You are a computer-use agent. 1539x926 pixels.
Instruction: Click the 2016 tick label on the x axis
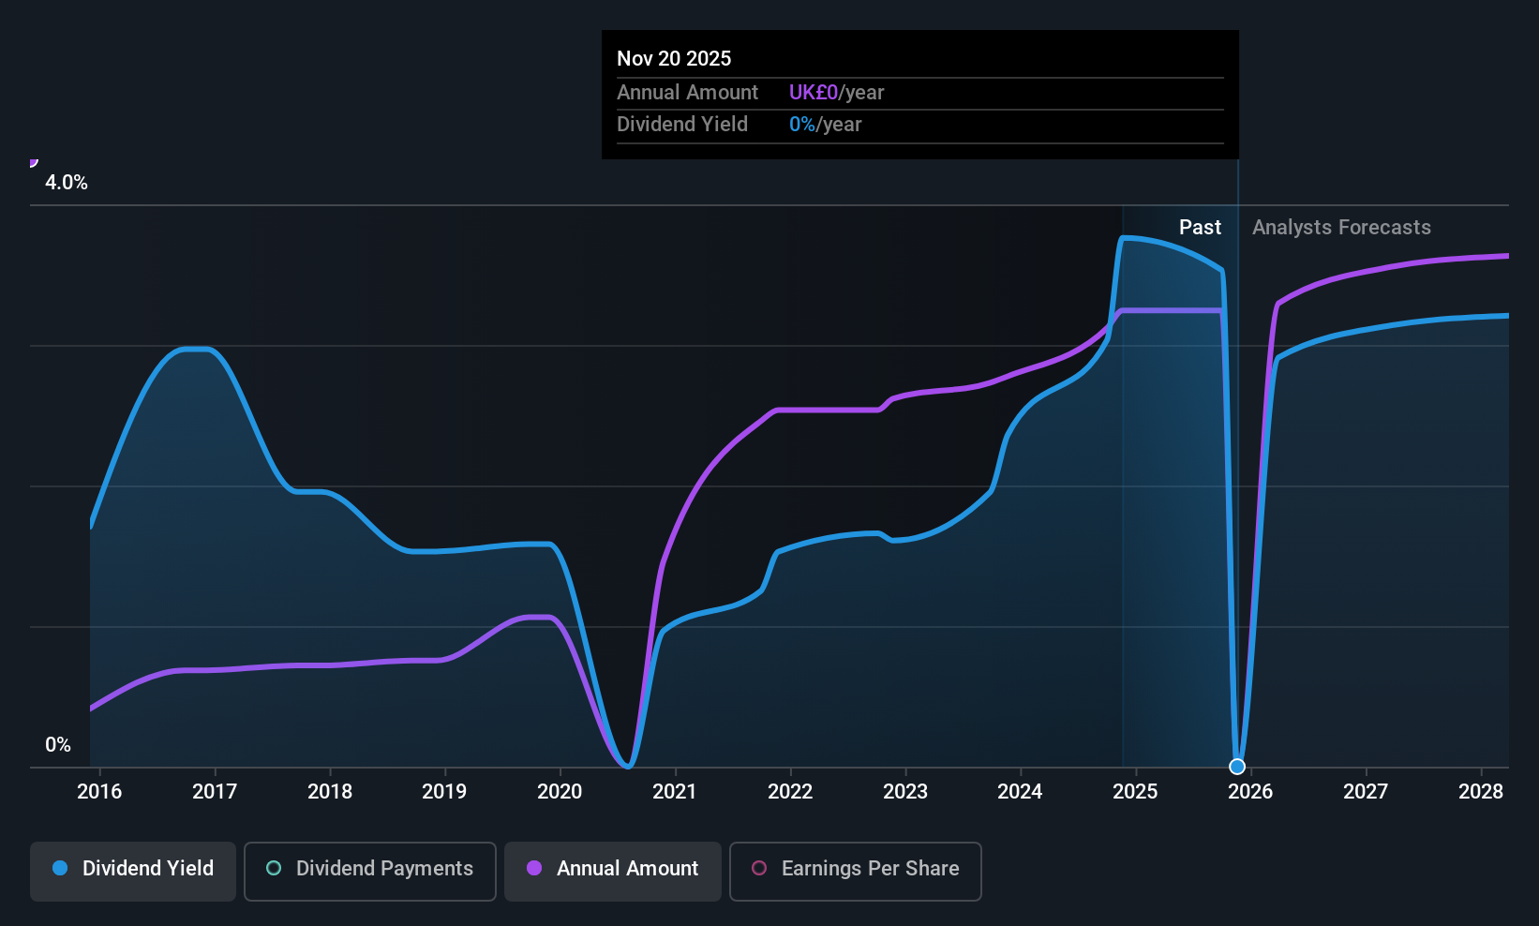pyautogui.click(x=99, y=792)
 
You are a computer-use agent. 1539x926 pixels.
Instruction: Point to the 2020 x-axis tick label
pyautogui.click(x=560, y=792)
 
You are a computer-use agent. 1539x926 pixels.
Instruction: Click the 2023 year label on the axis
pyautogui.click(x=905, y=792)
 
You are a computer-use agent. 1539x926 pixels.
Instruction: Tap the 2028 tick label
pyautogui.click(x=1481, y=792)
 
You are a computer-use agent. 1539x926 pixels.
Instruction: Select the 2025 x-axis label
pyautogui.click(x=1135, y=792)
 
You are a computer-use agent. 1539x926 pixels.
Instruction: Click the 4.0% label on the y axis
pyautogui.click(x=67, y=183)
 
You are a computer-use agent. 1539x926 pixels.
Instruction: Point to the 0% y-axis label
pyautogui.click(x=58, y=745)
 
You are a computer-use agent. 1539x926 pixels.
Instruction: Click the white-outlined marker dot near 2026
pyautogui.click(x=1237, y=767)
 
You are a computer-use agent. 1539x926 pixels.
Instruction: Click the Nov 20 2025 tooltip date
pyautogui.click(x=674, y=58)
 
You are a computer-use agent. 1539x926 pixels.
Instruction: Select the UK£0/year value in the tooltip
pyautogui.click(x=836, y=93)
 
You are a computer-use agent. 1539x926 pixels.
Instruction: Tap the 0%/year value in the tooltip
pyautogui.click(x=825, y=125)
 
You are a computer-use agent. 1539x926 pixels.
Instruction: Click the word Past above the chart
pyautogui.click(x=1200, y=228)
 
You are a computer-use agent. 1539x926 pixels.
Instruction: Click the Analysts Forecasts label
pyautogui.click(x=1341, y=228)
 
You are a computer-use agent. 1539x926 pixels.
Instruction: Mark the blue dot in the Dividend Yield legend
pyautogui.click(x=60, y=869)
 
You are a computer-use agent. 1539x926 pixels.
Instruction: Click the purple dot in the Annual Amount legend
pyautogui.click(x=534, y=869)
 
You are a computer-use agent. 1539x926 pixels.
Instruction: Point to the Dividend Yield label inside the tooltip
pyautogui.click(x=682, y=125)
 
